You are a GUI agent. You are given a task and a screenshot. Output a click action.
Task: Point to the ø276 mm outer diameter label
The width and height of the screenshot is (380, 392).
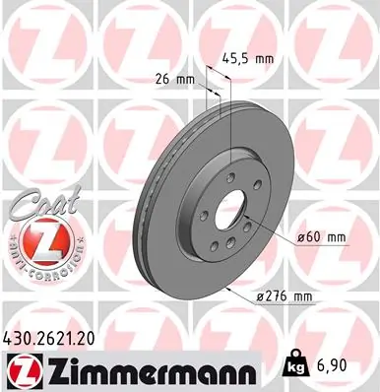(287, 297)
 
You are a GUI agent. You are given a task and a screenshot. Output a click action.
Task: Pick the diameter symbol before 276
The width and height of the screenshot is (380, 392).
(262, 297)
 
